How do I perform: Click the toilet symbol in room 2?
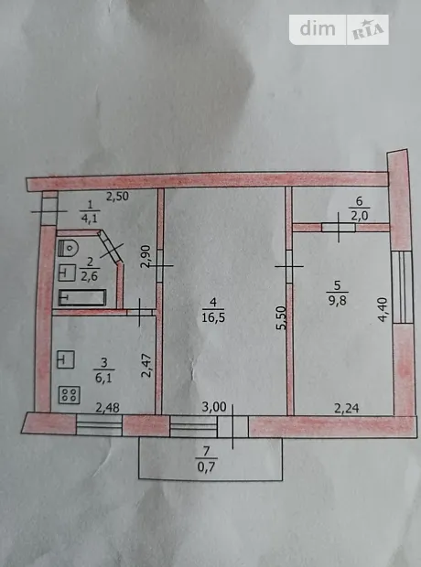pos(68,248)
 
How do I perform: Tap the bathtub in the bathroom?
pos(82,297)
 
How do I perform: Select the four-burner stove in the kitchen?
pos(70,395)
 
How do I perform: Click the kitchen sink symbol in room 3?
pos(66,359)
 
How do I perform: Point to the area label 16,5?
pos(214,317)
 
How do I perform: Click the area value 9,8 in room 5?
pos(338,301)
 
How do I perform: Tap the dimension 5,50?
pos(282,317)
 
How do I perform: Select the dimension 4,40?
pos(383,309)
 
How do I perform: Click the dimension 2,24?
pos(347,408)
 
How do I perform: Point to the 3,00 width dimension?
pos(214,407)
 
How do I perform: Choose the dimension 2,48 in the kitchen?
pos(107,408)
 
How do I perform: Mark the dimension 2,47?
pos(146,366)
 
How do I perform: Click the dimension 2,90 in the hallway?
pos(146,256)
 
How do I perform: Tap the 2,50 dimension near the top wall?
pos(117,197)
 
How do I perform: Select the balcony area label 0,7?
pos(206,467)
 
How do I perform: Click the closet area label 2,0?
pos(360,216)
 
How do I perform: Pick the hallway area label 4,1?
pos(90,219)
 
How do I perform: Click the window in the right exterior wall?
pos(403,287)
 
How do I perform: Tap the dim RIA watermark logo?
pos(339,29)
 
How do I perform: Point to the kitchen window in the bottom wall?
pos(99,425)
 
